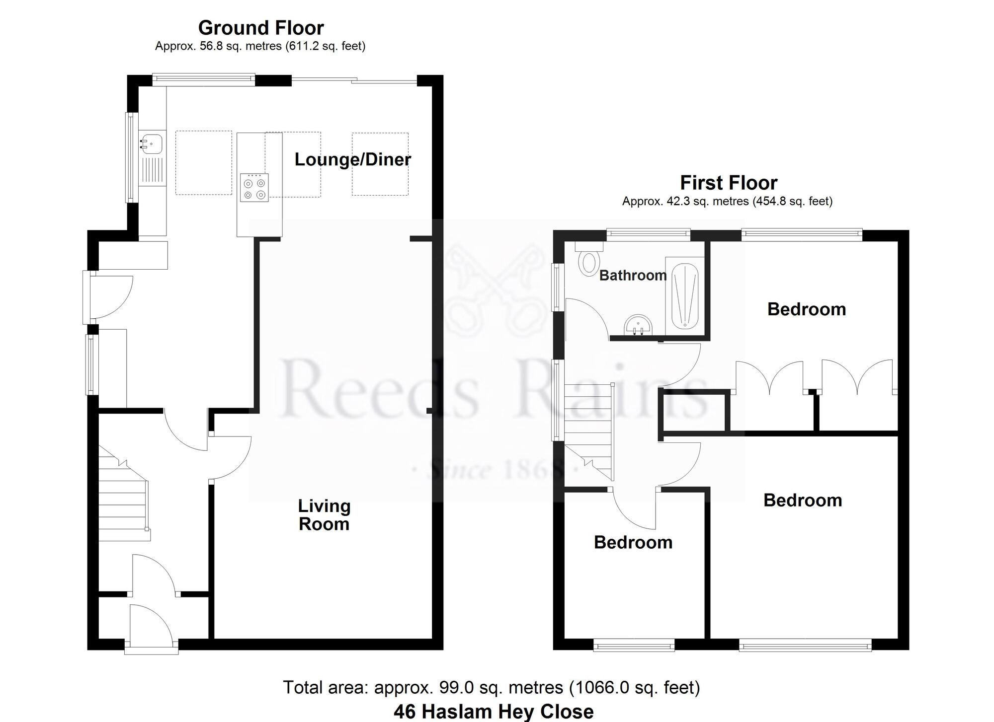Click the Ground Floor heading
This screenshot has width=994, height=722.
[x=261, y=28]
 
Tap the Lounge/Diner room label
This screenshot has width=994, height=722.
[x=352, y=159]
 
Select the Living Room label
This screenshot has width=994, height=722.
[x=324, y=515]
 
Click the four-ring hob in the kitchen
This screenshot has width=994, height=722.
[x=254, y=188]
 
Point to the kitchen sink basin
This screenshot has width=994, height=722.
[x=151, y=143]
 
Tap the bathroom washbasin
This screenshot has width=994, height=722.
[x=638, y=325]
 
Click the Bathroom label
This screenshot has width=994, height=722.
[x=633, y=275]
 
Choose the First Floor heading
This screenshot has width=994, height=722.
[x=728, y=183]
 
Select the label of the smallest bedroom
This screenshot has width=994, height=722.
[x=633, y=542]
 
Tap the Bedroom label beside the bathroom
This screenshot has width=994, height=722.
[x=806, y=309]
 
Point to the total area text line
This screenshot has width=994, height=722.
[x=491, y=687]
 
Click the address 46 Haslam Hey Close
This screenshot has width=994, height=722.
[x=493, y=712]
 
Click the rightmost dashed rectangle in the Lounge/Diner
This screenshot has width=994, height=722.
[x=380, y=164]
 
